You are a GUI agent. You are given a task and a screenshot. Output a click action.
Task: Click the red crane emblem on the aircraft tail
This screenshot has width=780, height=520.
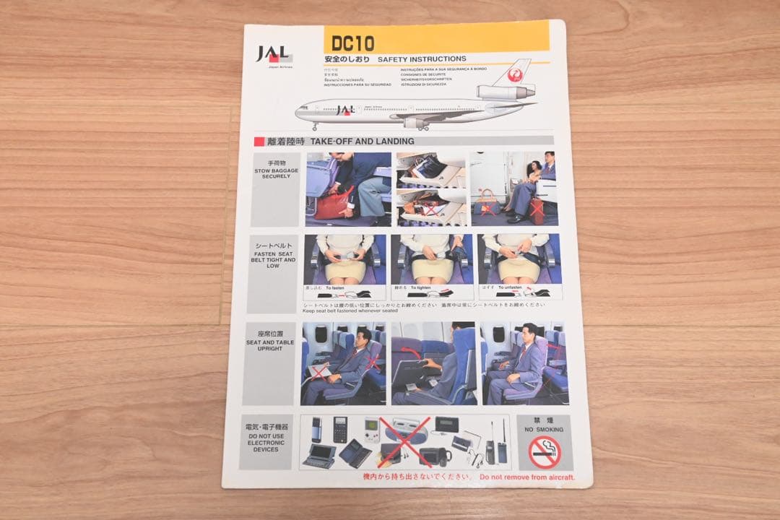[x=516, y=72]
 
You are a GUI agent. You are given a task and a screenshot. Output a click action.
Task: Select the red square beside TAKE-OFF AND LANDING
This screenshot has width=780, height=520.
[x=259, y=142]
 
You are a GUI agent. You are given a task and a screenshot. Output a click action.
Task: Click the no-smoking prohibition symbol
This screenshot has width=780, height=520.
[x=544, y=453]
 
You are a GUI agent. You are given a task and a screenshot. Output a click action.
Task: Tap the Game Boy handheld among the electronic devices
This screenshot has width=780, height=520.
[x=371, y=428]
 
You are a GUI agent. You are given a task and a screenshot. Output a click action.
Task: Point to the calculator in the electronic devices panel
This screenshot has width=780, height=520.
[x=339, y=429]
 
